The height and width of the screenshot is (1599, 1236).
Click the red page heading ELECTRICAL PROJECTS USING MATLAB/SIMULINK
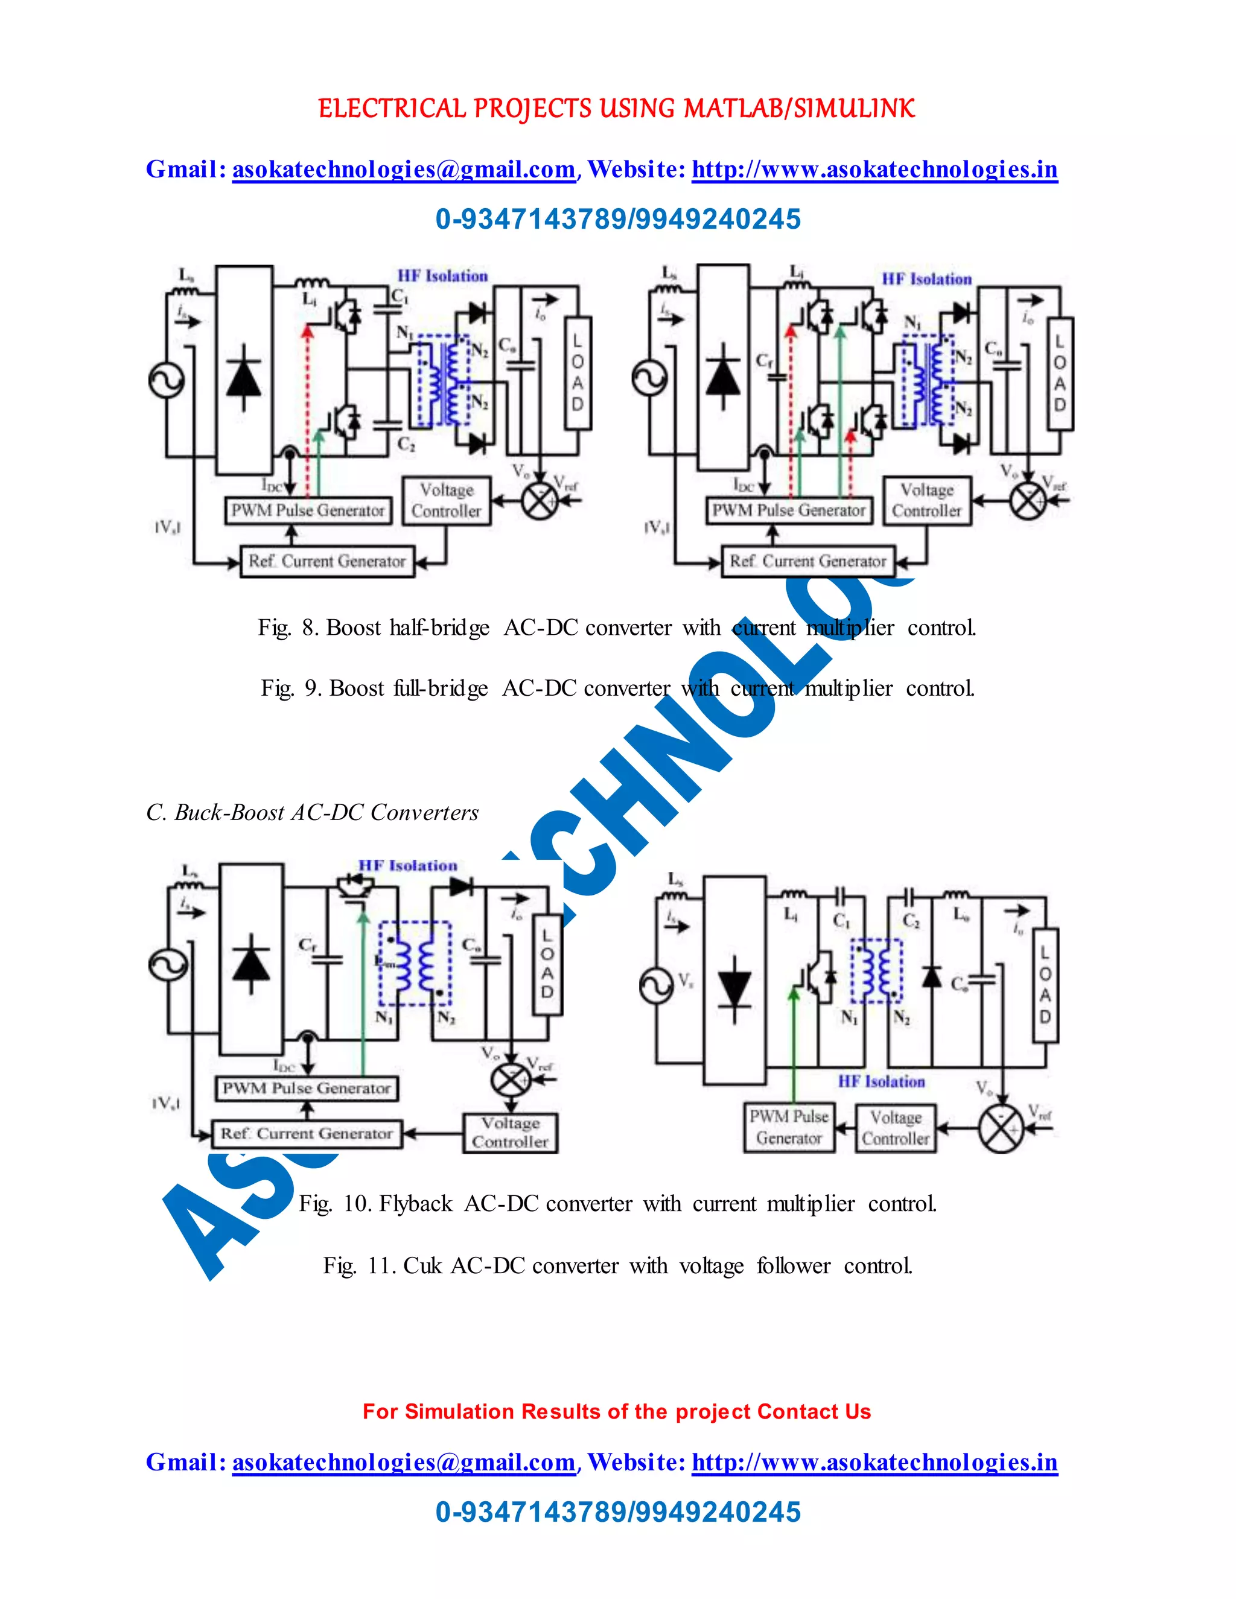click(617, 109)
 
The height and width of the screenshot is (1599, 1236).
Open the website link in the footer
click(874, 1462)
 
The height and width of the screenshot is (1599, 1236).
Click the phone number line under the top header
click(618, 219)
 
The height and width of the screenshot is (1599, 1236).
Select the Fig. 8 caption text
click(617, 628)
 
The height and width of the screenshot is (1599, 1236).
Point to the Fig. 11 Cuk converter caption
click(618, 1265)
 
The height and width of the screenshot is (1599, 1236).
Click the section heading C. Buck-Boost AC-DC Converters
click(313, 812)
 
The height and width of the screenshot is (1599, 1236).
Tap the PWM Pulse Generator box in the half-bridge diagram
click(308, 510)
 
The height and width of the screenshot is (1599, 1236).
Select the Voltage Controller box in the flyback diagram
click(511, 1133)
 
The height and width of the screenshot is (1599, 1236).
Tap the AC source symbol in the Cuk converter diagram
click(656, 985)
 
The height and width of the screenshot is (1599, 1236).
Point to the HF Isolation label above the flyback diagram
click(407, 865)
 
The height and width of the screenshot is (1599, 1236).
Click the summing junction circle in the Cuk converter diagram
click(1001, 1129)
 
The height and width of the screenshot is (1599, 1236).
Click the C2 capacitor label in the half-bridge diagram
click(406, 445)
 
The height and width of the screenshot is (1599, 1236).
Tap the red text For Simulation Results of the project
click(617, 1411)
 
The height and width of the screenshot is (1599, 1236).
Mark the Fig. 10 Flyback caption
click(618, 1204)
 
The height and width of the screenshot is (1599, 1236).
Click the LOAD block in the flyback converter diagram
click(547, 964)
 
